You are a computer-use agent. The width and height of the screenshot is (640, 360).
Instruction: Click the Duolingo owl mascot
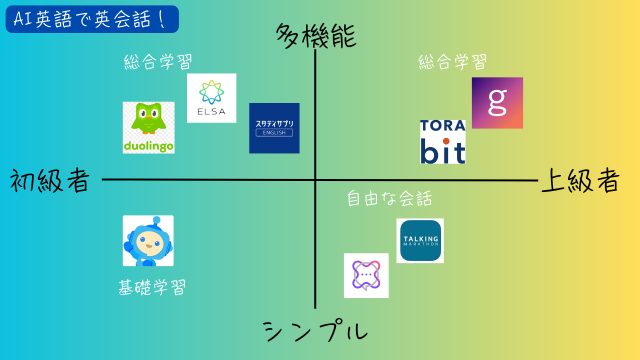[x=148, y=118]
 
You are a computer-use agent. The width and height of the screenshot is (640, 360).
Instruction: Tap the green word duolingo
[x=148, y=146]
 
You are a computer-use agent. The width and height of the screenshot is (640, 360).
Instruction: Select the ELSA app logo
[x=211, y=98]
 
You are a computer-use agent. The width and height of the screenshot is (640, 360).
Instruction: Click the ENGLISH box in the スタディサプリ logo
[x=274, y=132]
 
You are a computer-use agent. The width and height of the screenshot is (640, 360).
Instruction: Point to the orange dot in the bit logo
[x=446, y=141]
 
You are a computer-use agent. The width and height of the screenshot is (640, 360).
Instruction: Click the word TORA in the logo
[x=442, y=125]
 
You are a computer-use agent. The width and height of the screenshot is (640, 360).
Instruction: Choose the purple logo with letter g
[x=497, y=103]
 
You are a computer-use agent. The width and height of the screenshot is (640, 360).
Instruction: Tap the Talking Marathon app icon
[x=420, y=240]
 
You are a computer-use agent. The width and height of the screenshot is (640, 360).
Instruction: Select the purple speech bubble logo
[x=366, y=275]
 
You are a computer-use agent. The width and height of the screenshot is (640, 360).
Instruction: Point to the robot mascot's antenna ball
[x=156, y=219]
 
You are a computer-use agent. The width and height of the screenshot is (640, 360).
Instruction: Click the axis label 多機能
[x=316, y=36]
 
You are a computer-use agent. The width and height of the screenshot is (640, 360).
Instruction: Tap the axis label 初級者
[x=50, y=180]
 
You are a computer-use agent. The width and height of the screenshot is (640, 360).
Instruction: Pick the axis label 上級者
[x=580, y=180]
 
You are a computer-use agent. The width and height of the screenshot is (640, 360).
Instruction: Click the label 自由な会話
[x=389, y=198]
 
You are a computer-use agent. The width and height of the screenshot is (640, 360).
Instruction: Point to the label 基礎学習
[x=151, y=287]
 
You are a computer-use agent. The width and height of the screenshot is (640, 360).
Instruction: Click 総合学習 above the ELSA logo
[x=157, y=61]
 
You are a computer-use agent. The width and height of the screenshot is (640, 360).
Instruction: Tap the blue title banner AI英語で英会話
[x=92, y=19]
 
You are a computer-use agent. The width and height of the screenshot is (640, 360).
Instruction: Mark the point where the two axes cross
[x=315, y=180]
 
